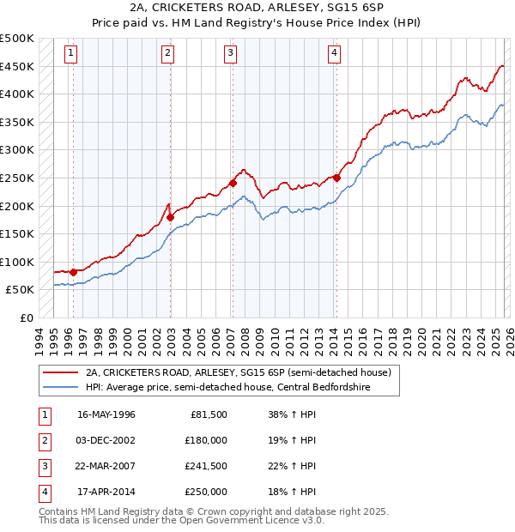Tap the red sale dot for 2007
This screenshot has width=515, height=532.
[233, 183]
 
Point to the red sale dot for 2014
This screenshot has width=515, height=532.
[337, 178]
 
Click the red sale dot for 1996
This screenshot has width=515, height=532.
[73, 272]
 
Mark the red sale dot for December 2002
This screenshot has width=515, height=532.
[170, 217]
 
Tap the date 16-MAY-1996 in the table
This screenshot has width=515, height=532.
[106, 414]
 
